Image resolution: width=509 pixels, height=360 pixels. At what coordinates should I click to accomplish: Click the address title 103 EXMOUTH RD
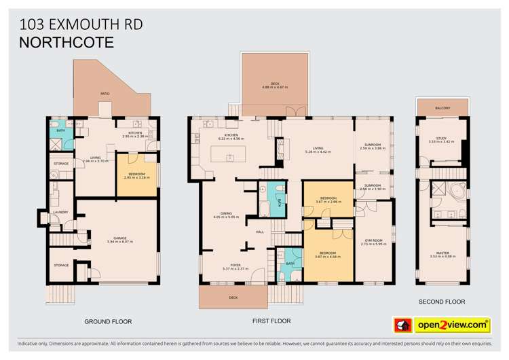click(81, 25)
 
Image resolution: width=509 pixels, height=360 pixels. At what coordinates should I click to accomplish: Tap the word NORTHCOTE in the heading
click(67, 42)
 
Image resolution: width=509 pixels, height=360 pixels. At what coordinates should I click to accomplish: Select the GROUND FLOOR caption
click(108, 321)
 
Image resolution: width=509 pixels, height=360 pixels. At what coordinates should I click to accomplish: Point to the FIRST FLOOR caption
click(271, 321)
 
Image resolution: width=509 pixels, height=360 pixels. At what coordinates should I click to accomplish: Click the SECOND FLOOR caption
click(442, 302)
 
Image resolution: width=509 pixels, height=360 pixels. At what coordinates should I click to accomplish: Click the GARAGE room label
click(117, 238)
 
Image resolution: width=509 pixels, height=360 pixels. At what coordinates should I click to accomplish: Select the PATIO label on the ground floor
click(105, 94)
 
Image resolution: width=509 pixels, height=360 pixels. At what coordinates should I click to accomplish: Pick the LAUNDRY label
click(61, 212)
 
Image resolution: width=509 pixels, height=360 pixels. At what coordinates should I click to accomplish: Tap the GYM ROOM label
click(373, 241)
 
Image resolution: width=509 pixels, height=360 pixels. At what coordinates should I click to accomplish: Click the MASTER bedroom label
click(442, 253)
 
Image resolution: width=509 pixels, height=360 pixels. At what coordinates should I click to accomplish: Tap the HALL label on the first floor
click(259, 232)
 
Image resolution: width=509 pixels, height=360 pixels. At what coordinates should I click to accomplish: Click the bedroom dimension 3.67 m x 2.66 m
click(327, 202)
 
